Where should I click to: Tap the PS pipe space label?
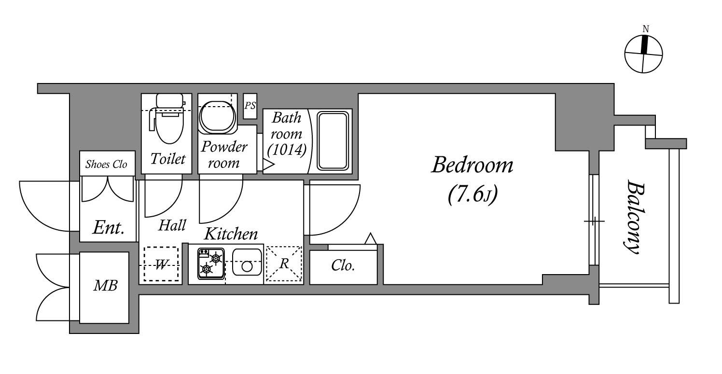[250, 105]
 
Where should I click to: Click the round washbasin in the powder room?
[217, 117]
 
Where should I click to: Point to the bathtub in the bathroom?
[333, 140]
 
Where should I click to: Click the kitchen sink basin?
[247, 262]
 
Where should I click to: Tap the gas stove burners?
[211, 263]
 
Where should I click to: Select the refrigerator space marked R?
[284, 263]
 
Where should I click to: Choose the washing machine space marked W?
[161, 264]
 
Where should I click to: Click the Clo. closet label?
[343, 266]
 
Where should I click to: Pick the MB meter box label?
[105, 286]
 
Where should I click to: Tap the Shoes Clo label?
[106, 165]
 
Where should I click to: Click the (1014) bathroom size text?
[287, 149]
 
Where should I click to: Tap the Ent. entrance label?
[108, 228]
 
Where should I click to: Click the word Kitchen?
[231, 234]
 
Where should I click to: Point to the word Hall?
[172, 225]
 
